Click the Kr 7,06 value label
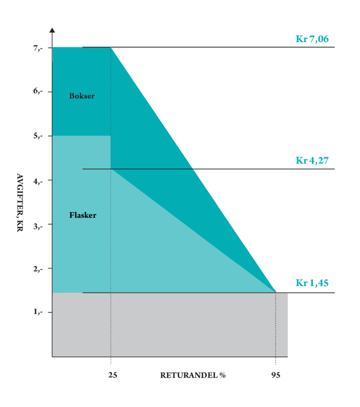click(312, 39)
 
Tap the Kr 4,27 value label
click(312, 160)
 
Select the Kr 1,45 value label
click(312, 283)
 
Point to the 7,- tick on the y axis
click(39, 47)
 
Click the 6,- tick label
click(39, 91)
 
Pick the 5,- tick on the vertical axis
click(39, 135)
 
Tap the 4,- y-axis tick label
click(39, 180)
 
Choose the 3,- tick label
click(39, 224)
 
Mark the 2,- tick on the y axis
click(39, 268)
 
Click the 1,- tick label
click(39, 312)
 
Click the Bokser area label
click(82, 95)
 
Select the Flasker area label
click(82, 215)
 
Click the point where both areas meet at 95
click(275, 292)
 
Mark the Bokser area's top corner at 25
click(110, 47)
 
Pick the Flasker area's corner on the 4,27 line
click(110, 169)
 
